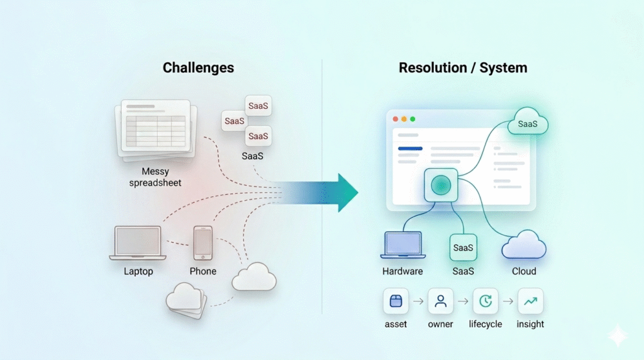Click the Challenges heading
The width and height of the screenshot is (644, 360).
(198, 67)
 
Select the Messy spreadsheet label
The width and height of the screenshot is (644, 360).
(155, 177)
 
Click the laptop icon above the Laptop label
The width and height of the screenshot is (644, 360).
(138, 244)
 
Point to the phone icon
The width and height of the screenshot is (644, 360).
(203, 243)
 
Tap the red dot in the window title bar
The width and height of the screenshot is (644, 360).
(396, 119)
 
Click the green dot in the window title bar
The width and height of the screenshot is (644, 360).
(413, 119)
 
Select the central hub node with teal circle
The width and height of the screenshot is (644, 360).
(440, 184)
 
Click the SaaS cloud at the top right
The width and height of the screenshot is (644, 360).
(527, 123)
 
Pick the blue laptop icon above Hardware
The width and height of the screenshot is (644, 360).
(402, 246)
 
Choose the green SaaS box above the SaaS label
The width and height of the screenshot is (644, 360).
(463, 247)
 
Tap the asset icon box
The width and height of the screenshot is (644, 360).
(396, 301)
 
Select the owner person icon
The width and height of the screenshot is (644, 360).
(440, 301)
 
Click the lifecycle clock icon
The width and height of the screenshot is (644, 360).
(485, 301)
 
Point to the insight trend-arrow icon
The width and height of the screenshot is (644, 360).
(530, 301)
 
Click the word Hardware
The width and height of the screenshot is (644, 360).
(402, 271)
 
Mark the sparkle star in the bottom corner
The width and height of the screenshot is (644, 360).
(618, 336)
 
